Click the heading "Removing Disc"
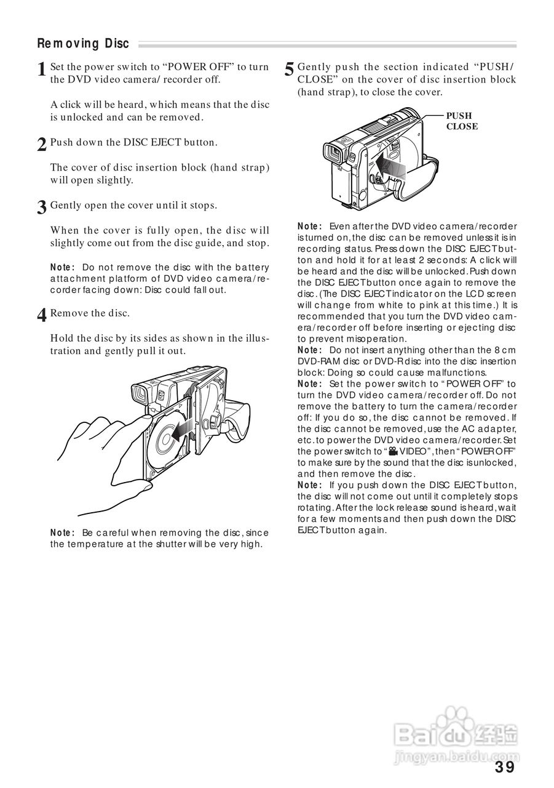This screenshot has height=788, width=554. point(83,44)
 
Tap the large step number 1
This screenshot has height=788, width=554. point(42,70)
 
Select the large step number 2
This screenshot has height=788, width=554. point(42,145)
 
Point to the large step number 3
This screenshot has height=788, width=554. point(42,207)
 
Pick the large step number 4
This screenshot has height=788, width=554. point(42,315)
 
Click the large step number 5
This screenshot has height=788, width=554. point(289,70)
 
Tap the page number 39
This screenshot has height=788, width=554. point(504,767)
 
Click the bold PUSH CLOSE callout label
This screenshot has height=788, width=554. point(462,121)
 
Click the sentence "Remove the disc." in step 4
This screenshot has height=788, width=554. point(90,313)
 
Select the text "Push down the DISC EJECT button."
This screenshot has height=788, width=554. point(133,142)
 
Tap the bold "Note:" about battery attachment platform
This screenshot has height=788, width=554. point(63,267)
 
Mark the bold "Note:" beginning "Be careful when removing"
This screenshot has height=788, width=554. point(63,533)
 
